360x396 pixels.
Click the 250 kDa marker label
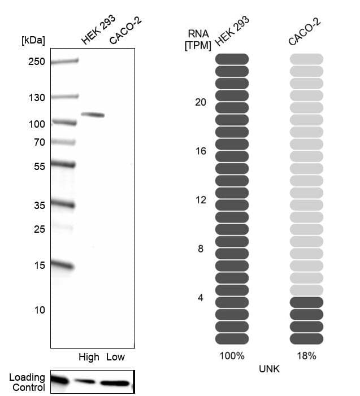tap(36, 62)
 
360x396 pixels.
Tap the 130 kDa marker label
tap(36, 97)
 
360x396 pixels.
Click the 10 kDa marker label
tap(39, 310)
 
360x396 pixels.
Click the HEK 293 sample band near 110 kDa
tap(93, 115)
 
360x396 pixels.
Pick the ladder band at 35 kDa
tap(63, 205)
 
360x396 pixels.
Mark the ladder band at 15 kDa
tap(63, 265)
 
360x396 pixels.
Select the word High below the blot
tap(89, 357)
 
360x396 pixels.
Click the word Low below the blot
tap(115, 357)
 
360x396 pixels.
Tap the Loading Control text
tap(27, 382)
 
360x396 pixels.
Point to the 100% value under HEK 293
tap(232, 356)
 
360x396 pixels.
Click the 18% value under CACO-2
tap(306, 356)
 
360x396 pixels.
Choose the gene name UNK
tap(269, 369)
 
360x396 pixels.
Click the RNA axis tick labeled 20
tap(201, 102)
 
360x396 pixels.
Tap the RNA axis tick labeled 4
tap(201, 297)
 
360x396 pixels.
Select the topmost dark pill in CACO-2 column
tap(306, 302)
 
